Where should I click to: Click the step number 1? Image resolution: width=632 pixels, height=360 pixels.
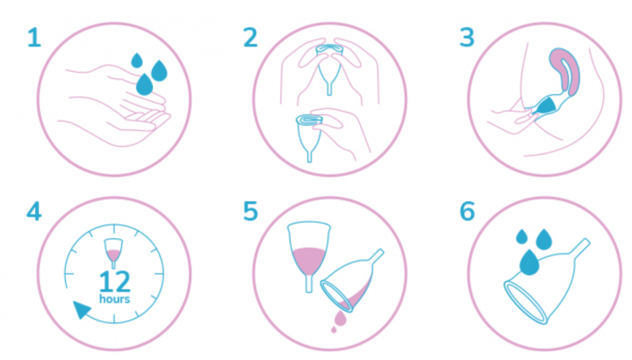click(34, 38)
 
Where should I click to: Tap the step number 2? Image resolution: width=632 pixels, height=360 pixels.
click(250, 38)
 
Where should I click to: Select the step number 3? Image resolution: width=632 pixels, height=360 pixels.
click(467, 38)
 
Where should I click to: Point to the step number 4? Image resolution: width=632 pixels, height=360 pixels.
click(34, 212)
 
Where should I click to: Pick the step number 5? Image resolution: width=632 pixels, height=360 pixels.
click(250, 212)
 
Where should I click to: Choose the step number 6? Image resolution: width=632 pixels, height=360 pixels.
click(467, 212)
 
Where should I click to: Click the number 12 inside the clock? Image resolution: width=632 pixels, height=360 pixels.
click(115, 281)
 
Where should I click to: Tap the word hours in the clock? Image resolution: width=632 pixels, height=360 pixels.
click(114, 299)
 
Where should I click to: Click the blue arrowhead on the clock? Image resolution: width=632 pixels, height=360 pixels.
click(82, 310)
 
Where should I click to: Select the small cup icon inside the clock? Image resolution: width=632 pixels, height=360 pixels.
click(113, 252)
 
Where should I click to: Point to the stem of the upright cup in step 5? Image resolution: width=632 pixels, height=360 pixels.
click(309, 284)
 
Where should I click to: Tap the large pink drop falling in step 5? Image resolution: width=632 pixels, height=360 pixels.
click(341, 318)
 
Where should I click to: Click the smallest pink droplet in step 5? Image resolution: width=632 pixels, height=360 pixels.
click(334, 330)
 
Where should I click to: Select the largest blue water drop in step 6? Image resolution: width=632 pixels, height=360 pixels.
click(529, 263)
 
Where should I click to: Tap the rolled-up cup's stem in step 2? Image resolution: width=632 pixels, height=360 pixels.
click(310, 155)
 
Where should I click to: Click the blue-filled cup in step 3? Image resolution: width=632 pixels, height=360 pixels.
click(547, 105)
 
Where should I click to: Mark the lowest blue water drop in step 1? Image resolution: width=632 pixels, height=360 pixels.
click(145, 84)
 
